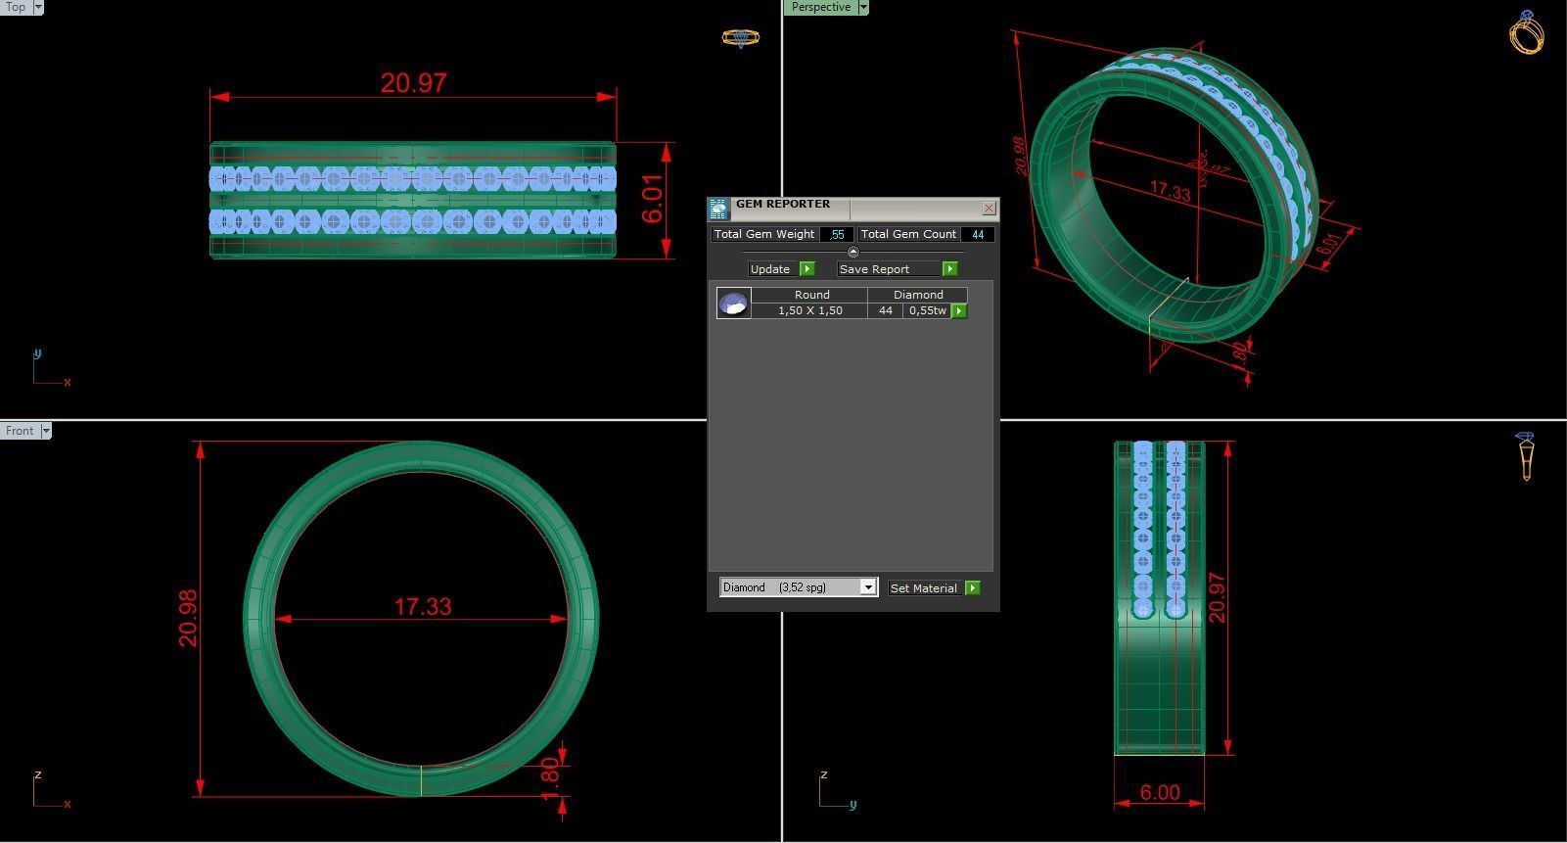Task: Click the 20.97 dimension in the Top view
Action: click(413, 83)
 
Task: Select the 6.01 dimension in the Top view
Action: click(653, 200)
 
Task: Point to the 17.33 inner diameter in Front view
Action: click(423, 607)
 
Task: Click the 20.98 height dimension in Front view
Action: click(188, 618)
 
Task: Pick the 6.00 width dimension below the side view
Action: click(1160, 793)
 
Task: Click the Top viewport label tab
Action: click(16, 7)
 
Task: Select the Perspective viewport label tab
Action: click(820, 7)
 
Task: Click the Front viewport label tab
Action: click(19, 431)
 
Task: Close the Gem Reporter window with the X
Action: click(989, 209)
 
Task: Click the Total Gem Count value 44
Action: click(977, 235)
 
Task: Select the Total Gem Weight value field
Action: click(836, 235)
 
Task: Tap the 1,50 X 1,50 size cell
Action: click(809, 310)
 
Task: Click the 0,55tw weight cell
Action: click(927, 310)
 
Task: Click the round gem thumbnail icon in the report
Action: click(733, 304)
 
